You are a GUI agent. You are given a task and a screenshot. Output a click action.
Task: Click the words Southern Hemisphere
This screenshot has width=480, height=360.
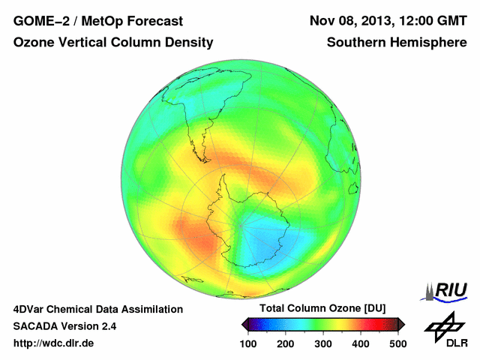tap(397, 43)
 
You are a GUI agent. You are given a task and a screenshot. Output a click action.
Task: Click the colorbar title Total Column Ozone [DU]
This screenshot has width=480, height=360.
tap(322, 308)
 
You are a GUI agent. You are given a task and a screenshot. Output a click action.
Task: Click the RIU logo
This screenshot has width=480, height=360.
tap(445, 290)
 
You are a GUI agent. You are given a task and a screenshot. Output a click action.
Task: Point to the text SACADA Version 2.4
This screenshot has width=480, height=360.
tap(64, 326)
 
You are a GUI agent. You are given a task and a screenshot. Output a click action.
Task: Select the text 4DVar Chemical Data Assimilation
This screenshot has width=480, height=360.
tap(97, 309)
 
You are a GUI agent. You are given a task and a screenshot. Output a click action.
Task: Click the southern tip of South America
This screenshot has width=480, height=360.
tap(205, 157)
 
